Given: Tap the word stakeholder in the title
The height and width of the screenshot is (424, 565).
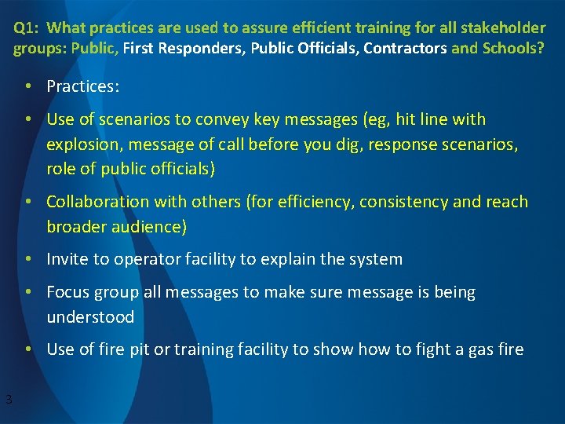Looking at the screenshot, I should [x=505, y=28].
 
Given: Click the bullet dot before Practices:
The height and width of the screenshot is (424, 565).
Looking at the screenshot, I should [x=27, y=86].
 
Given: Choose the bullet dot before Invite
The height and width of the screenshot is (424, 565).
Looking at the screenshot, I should [x=27, y=260].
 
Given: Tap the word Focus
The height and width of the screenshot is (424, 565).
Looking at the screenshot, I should [x=68, y=293].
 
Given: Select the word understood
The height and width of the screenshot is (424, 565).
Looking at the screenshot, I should [x=91, y=317].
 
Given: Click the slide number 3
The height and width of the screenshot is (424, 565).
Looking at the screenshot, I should [x=9, y=400].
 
